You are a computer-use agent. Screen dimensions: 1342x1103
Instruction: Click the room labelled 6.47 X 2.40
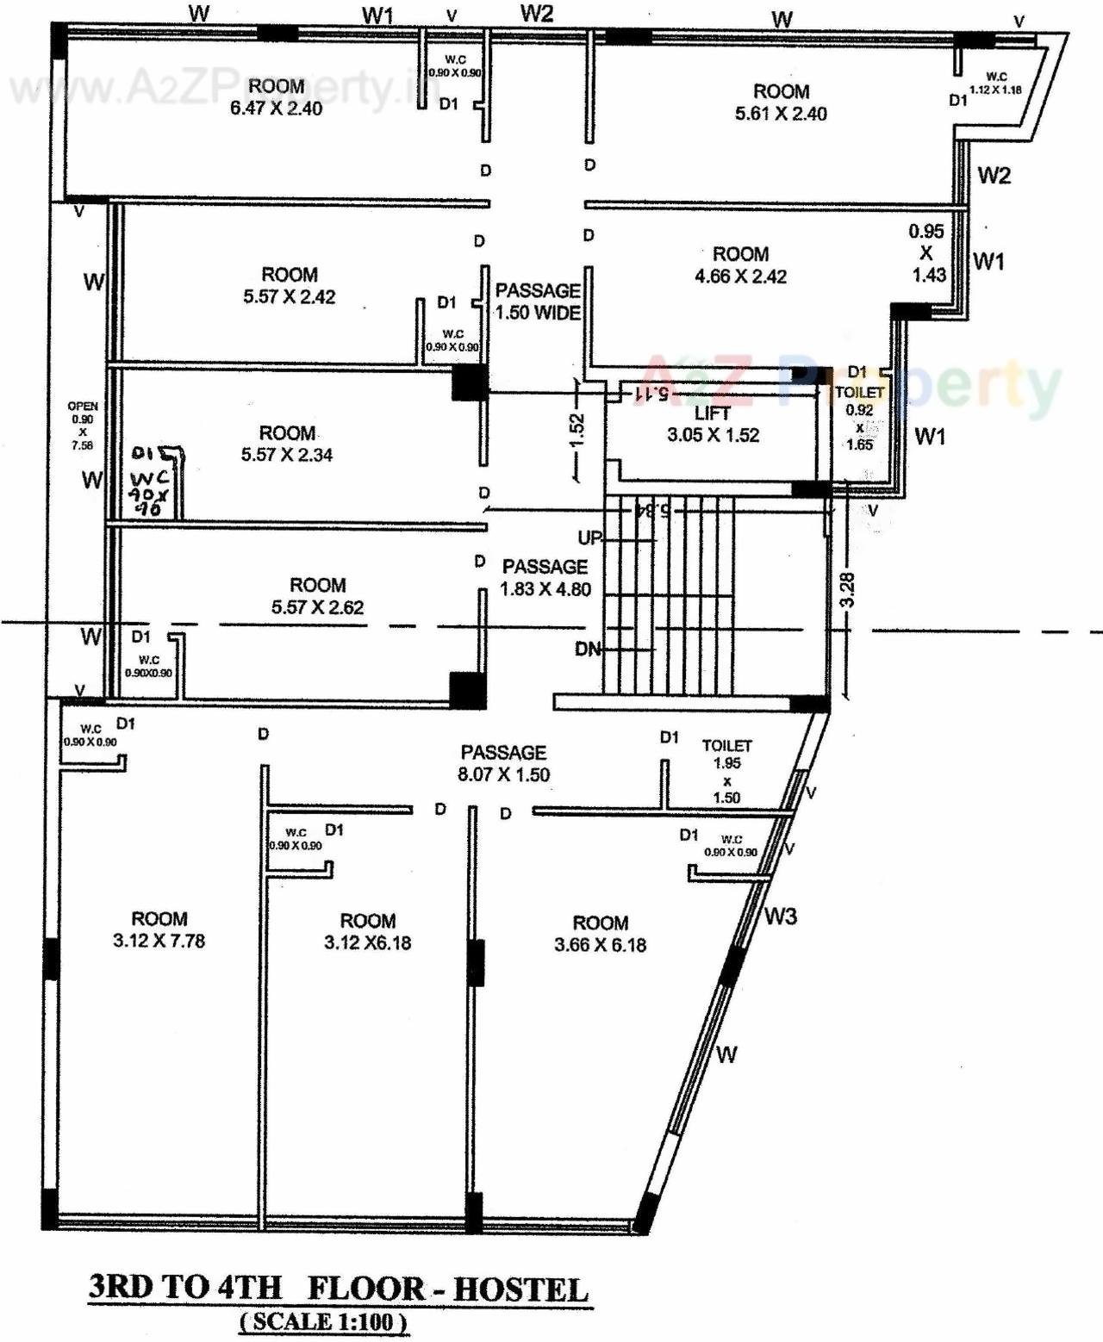coord(276,97)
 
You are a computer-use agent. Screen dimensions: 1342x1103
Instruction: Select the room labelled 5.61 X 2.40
coord(781,103)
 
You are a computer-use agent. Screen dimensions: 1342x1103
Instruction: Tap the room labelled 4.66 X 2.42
coord(740,265)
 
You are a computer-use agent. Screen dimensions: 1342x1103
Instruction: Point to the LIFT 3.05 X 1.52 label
coord(713,425)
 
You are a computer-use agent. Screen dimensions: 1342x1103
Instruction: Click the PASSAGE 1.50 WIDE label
coord(538,301)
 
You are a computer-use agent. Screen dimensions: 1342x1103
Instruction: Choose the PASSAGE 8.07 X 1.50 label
coord(503,763)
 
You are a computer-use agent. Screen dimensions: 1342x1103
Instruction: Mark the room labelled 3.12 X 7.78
coord(159,930)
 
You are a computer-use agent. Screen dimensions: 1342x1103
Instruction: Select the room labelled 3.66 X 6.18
coord(600,934)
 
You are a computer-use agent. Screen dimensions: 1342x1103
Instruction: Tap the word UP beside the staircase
coord(589,538)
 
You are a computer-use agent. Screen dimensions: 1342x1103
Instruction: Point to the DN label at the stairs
coord(588,649)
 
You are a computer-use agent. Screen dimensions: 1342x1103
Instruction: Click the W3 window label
coord(780,916)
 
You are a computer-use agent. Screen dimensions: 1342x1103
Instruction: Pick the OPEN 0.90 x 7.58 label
coord(83,426)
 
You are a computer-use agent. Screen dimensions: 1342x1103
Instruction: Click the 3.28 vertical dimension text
coord(847,590)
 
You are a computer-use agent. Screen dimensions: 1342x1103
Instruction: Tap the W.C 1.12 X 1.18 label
coord(995,83)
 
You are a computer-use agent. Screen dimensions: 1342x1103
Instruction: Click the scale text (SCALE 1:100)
coord(323,1321)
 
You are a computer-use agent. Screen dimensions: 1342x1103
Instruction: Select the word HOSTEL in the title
coord(520,1289)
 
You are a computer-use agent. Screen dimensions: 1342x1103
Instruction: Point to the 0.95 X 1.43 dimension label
coord(926,253)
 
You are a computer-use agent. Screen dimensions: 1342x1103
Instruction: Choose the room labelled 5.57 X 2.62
coord(317,596)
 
